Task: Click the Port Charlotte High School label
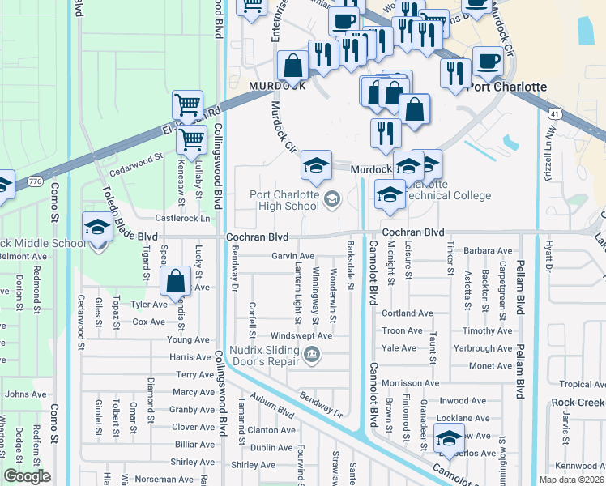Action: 284,200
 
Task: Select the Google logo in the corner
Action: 27,476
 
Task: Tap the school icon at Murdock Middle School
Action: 97,228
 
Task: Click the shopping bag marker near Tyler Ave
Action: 175,282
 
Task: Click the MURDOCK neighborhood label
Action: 277,85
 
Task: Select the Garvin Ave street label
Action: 292,256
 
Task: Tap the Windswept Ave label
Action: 301,335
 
